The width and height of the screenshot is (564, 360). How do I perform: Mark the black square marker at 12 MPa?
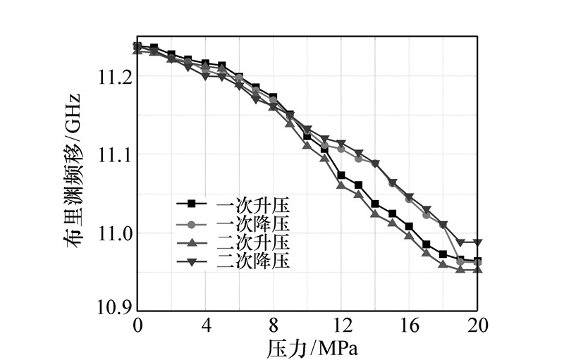tap(341, 175)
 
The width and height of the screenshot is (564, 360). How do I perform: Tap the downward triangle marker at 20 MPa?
tap(477, 242)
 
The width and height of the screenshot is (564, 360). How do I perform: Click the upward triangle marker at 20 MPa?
tap(477, 269)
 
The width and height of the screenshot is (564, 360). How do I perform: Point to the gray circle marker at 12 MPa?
tap(341, 149)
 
